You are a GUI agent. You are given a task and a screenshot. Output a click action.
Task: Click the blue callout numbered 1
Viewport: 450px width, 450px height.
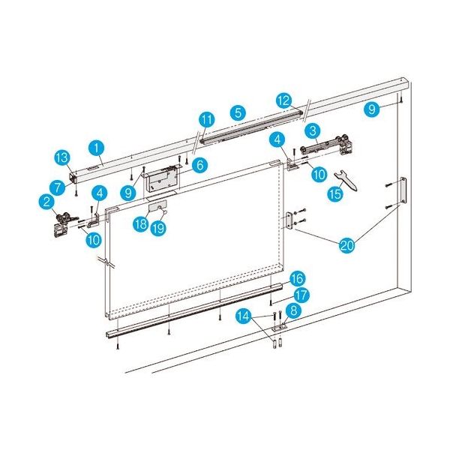coord(97,148)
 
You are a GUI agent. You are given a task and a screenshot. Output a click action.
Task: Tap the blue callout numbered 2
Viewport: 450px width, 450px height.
coord(46,202)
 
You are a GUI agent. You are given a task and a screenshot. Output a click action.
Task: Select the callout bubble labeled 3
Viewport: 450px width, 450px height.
coord(313,131)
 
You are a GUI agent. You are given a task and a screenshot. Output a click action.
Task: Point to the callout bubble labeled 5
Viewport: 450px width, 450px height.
coord(238,112)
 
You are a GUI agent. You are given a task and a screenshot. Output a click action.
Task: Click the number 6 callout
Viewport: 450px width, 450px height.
coord(200,165)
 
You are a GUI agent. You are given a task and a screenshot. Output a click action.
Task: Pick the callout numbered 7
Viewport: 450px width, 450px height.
coord(58,187)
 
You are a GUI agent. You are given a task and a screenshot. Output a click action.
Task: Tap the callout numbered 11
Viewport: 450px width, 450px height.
coord(207,120)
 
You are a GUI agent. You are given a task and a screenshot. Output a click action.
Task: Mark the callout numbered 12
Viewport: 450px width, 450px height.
coord(284,100)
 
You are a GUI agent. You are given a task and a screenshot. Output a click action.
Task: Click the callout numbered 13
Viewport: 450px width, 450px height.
coord(62,158)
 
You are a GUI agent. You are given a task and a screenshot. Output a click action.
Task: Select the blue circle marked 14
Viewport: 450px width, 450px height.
coord(244,316)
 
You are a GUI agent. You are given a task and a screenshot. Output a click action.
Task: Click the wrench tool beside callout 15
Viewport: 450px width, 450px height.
coord(346,181)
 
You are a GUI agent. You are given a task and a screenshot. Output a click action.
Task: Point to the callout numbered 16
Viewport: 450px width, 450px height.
coord(297,279)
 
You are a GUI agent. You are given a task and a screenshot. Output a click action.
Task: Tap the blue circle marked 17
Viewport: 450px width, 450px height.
coord(301,295)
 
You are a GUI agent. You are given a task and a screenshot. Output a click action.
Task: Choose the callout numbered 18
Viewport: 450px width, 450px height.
coord(141,224)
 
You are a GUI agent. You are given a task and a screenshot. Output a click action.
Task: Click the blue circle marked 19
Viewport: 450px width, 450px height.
coord(158,229)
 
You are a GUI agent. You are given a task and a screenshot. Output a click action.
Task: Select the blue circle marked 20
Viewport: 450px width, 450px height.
coord(347,245)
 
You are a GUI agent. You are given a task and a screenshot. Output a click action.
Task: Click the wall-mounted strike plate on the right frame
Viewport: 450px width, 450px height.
coord(403,190)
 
